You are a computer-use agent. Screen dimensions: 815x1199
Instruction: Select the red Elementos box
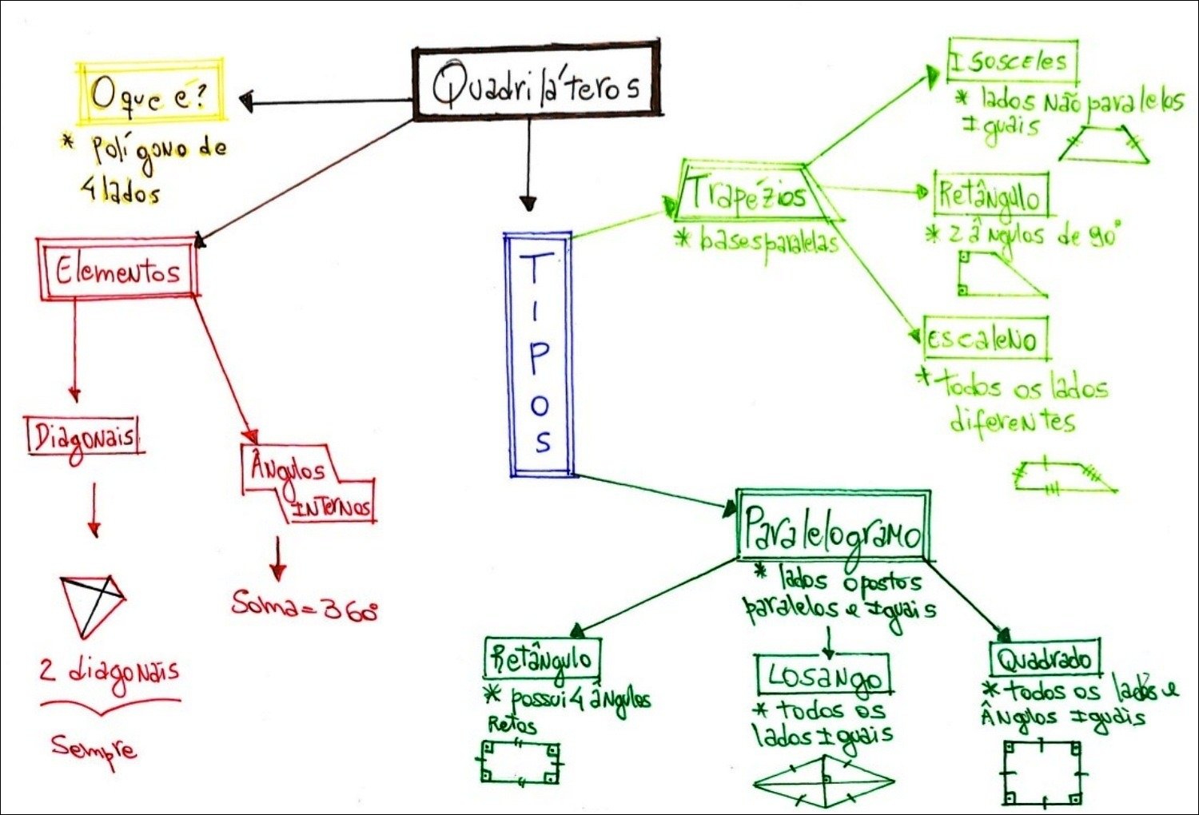tap(118, 269)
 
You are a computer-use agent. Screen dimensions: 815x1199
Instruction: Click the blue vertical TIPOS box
tap(540, 354)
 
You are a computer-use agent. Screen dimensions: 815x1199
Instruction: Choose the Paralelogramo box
tap(833, 527)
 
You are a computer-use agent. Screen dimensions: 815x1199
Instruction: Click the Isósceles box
tap(1012, 62)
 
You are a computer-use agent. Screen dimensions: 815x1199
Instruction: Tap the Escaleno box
tap(984, 339)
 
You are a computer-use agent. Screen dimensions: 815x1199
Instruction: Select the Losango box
tap(823, 675)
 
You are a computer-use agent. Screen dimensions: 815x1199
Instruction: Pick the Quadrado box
tap(1045, 660)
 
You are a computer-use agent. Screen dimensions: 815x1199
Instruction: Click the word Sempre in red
tap(94, 749)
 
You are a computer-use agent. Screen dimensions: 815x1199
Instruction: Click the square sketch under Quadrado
tap(1043, 773)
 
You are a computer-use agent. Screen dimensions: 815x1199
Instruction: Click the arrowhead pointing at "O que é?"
tap(248, 101)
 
